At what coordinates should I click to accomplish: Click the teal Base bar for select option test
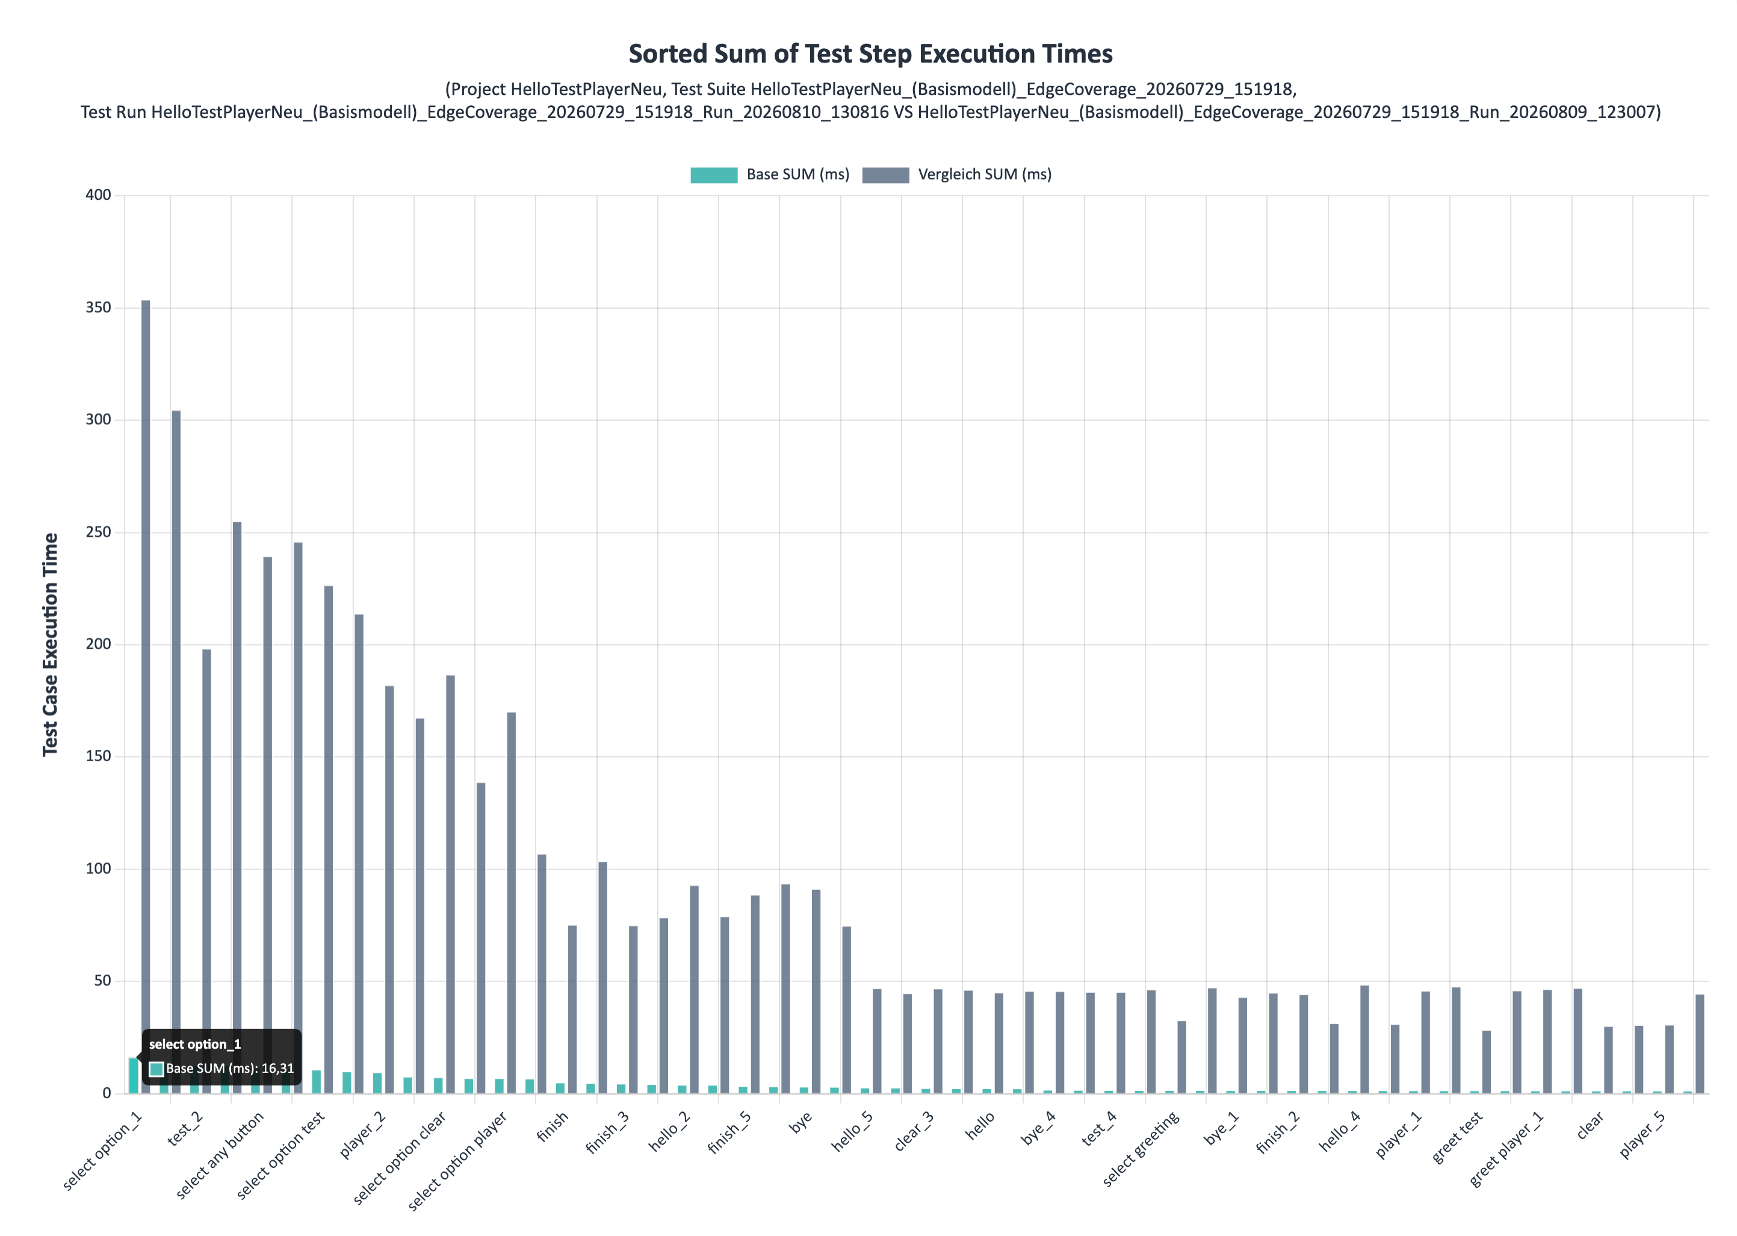tap(316, 1081)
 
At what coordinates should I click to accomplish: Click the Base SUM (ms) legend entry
tap(770, 175)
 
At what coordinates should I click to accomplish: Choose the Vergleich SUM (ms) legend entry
tap(957, 175)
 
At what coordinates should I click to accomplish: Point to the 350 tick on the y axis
tap(98, 307)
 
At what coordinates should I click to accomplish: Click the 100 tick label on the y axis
tap(98, 868)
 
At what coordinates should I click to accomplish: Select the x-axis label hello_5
tap(852, 1131)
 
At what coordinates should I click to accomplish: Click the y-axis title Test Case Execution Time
tap(50, 644)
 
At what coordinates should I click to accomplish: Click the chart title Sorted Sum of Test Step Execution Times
tap(870, 54)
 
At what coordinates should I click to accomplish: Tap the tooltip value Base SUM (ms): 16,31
tap(230, 1069)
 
